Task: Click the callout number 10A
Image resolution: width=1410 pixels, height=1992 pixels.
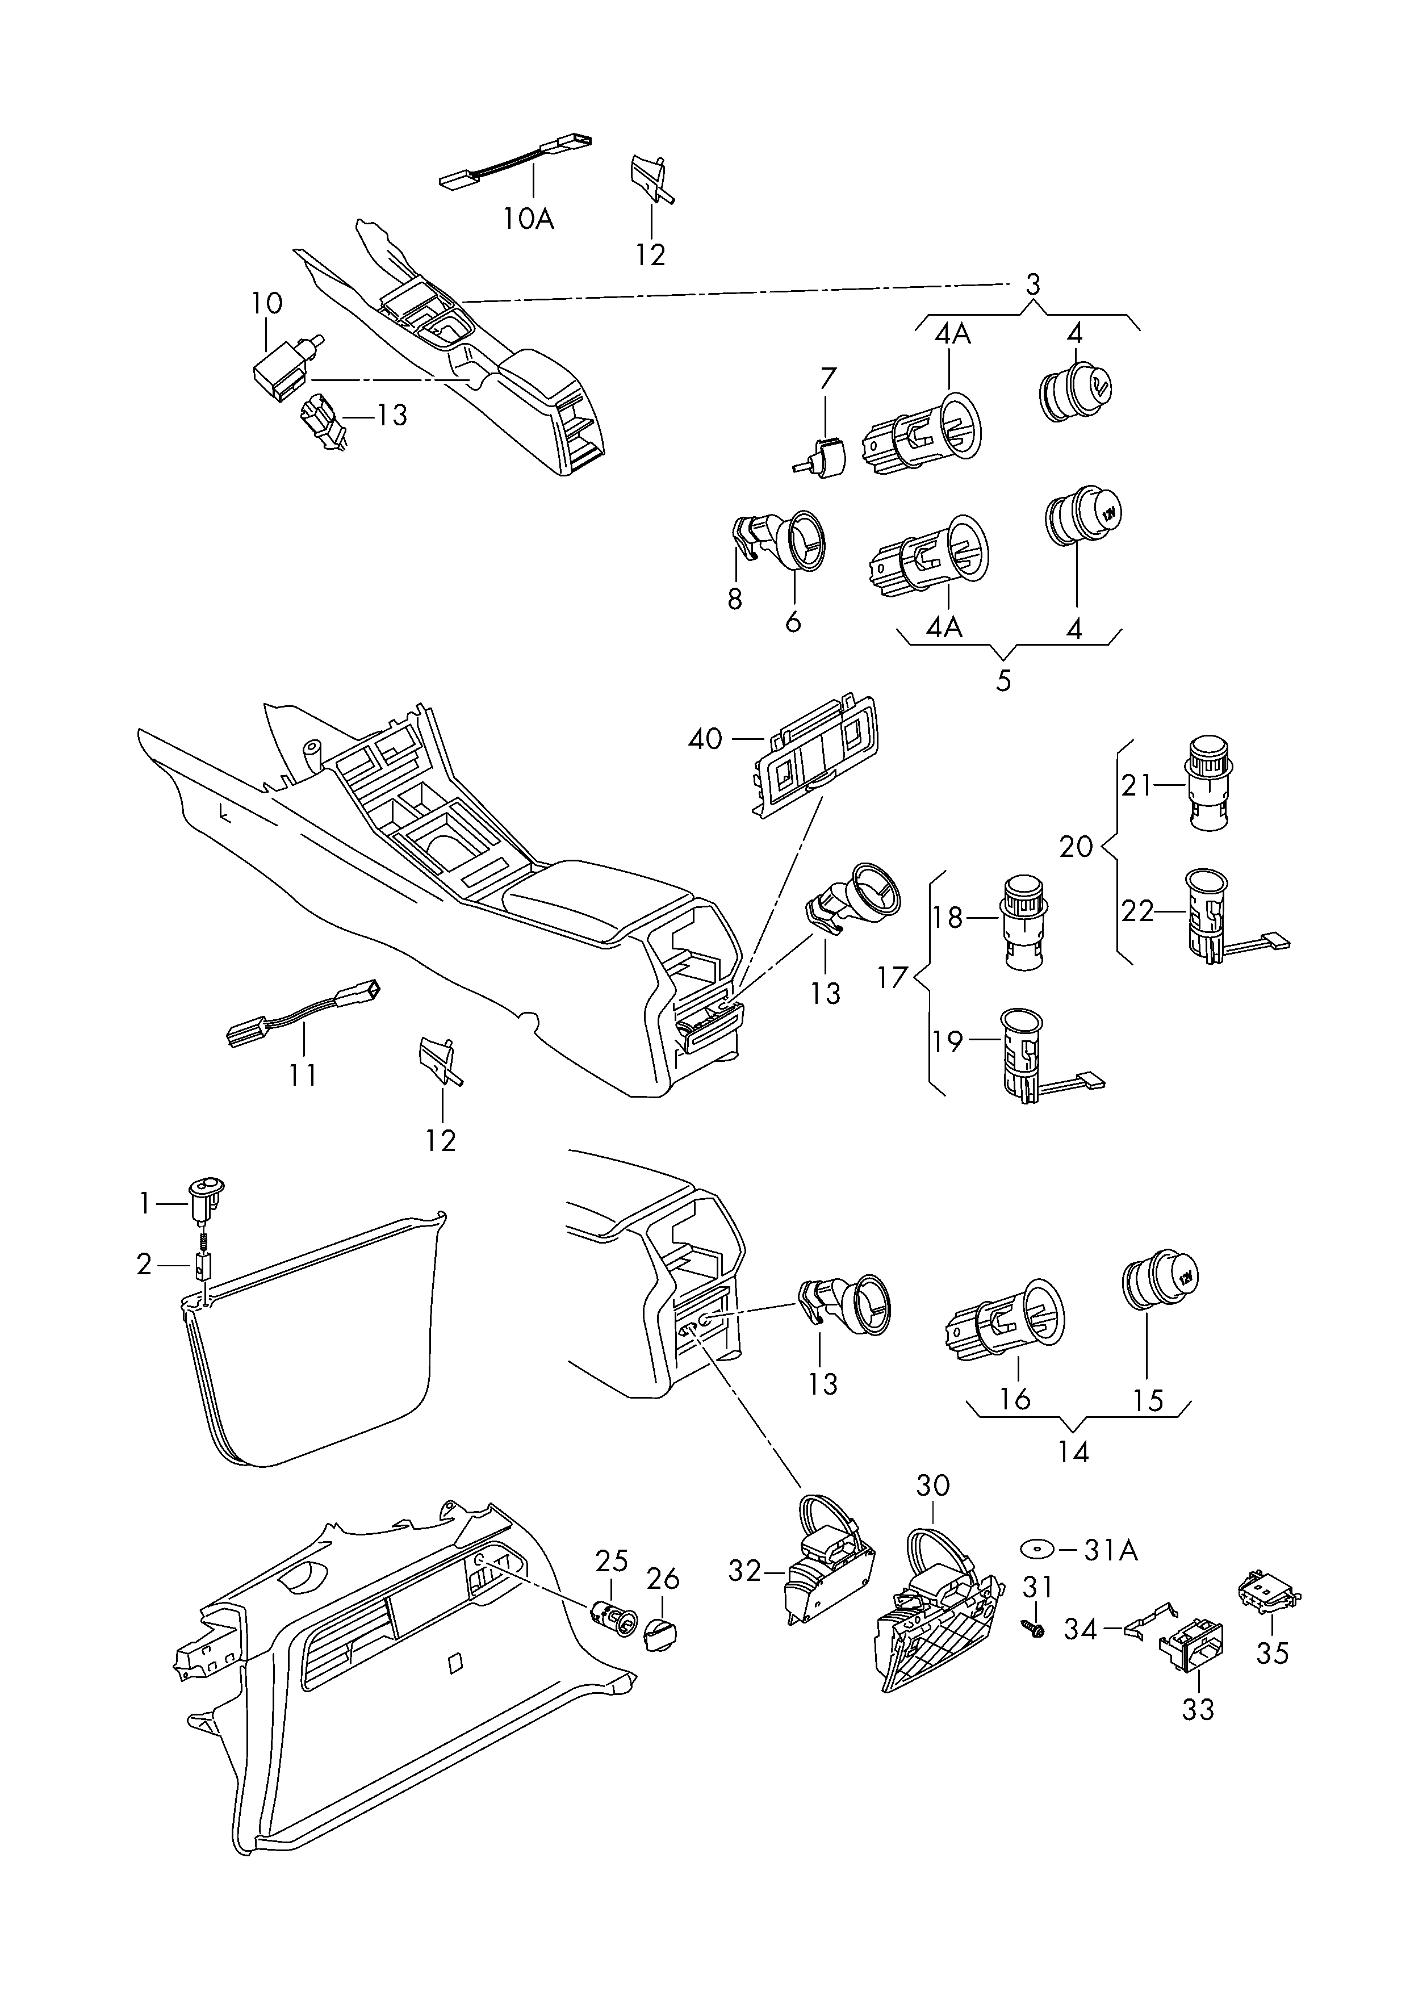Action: click(528, 218)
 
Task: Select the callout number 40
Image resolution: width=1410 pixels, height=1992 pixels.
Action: click(705, 739)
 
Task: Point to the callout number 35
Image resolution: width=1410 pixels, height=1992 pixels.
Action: click(1273, 1654)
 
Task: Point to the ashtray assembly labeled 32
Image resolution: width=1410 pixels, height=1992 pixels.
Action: click(827, 1567)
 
